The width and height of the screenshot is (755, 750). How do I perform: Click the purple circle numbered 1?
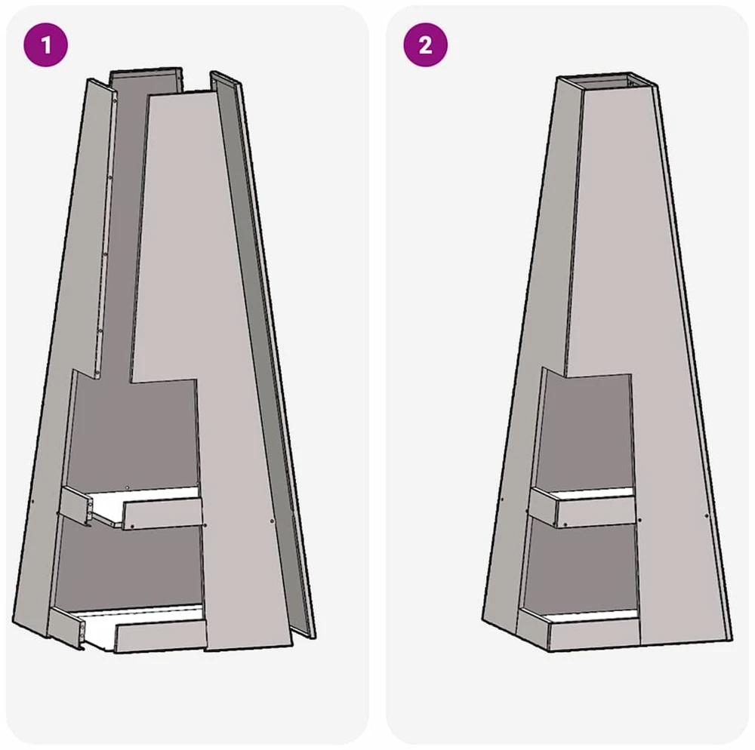[46, 45]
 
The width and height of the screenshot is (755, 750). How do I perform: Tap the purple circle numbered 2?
[425, 45]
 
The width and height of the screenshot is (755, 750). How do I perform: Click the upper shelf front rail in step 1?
[162, 514]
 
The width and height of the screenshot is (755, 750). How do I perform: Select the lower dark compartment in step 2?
[580, 567]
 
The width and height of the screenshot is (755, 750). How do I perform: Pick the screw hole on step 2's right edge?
[707, 516]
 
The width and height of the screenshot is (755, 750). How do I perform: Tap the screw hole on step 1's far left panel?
[32, 501]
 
